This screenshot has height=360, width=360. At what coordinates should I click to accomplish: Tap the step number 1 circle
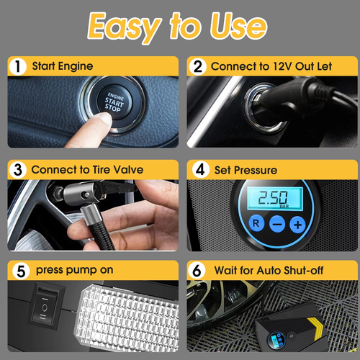pyautogui.click(x=17, y=66)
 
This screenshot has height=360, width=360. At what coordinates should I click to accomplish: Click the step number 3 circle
pyautogui.click(x=17, y=170)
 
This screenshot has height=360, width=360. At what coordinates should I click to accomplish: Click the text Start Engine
pyautogui.click(x=62, y=66)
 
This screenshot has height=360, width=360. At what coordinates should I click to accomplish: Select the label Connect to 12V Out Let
pyautogui.click(x=271, y=66)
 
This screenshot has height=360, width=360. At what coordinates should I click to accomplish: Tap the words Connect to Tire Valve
pyautogui.click(x=87, y=170)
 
